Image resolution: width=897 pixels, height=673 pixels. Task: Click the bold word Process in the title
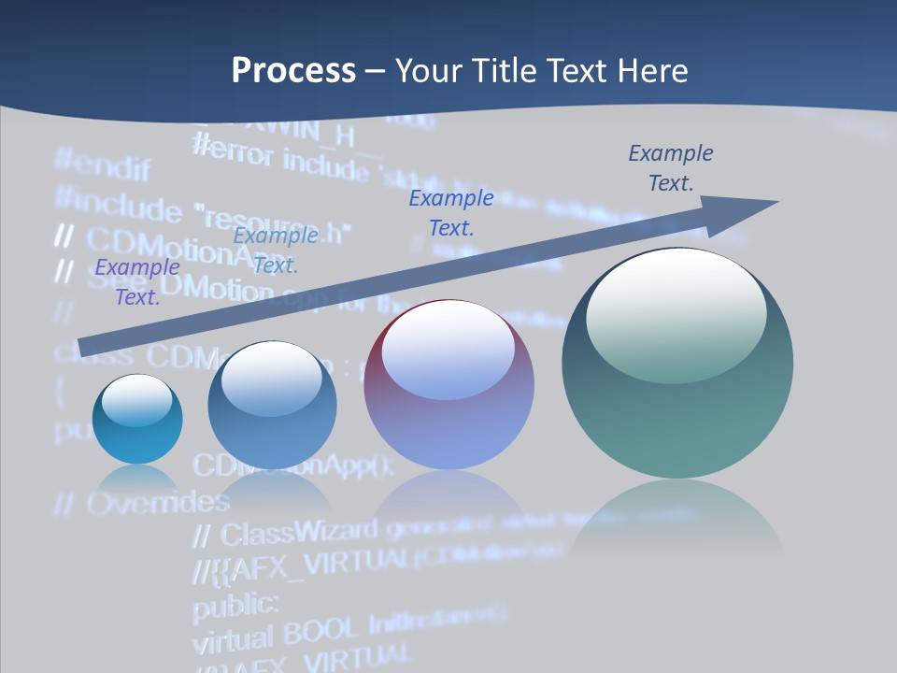(x=293, y=71)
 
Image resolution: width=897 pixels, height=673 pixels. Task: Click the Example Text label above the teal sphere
(x=671, y=167)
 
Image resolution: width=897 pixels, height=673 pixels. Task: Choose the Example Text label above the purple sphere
(x=451, y=212)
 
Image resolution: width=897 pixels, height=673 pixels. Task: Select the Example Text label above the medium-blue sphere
(x=275, y=251)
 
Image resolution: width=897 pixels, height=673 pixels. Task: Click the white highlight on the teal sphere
(x=676, y=304)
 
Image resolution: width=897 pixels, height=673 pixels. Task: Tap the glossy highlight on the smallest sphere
(x=137, y=400)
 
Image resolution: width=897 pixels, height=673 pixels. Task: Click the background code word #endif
(x=103, y=165)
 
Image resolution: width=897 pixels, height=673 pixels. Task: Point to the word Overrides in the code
(x=157, y=503)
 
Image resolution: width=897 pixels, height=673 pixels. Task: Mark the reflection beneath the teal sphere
(x=677, y=519)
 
